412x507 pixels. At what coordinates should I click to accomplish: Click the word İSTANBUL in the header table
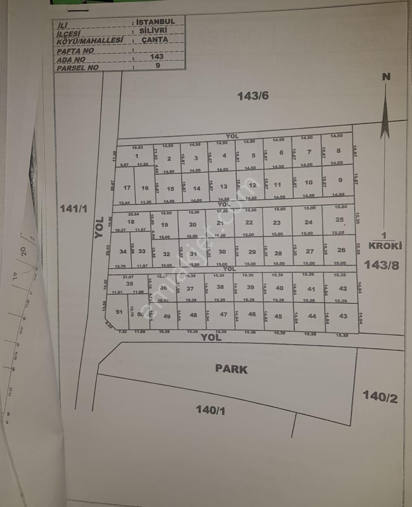155,22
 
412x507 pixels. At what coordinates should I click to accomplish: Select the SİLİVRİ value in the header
153,31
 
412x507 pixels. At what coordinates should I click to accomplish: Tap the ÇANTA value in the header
155,40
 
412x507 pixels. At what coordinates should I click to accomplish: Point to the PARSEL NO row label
77,67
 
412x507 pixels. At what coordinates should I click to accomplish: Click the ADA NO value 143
157,56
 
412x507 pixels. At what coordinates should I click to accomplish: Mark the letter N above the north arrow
386,77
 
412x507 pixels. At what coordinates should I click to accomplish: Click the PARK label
231,369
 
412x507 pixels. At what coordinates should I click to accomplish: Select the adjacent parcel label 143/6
253,96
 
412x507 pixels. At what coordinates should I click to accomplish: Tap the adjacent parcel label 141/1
73,209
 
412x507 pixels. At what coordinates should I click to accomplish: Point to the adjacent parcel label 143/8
381,265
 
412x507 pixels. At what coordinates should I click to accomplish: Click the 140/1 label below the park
211,410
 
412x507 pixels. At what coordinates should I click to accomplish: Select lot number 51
119,312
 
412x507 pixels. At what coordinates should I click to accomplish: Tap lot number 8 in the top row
339,151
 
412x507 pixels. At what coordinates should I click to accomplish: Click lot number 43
343,316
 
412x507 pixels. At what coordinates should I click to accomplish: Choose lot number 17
127,188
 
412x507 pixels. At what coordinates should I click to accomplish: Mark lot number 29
252,252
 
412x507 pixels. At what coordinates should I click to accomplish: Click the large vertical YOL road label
99,228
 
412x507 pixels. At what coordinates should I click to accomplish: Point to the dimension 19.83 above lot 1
137,147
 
